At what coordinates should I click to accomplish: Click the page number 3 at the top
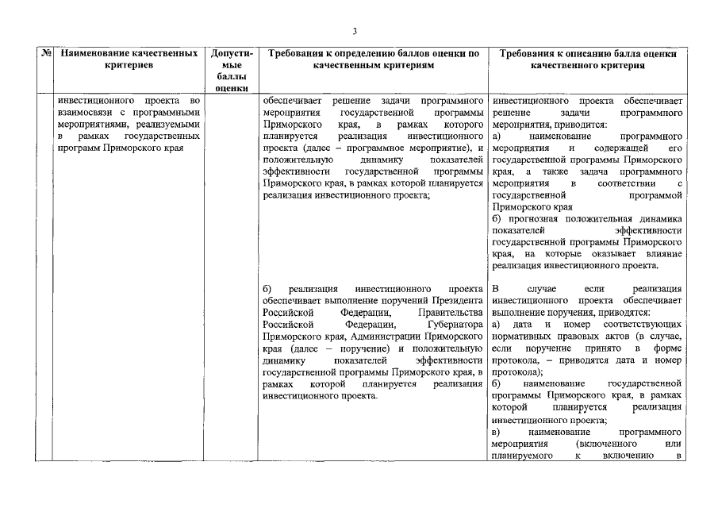coord(355,31)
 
